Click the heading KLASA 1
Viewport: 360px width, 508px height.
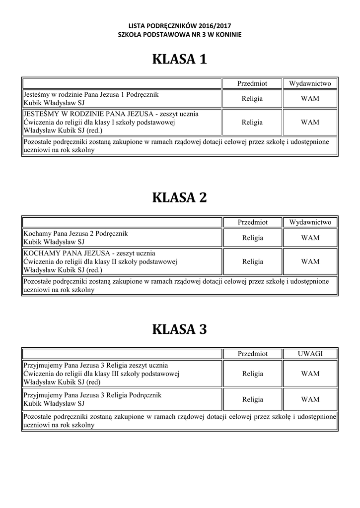179,60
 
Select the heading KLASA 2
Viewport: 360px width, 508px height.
179,198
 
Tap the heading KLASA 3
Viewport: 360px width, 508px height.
179,329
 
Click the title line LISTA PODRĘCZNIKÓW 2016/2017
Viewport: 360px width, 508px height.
180,25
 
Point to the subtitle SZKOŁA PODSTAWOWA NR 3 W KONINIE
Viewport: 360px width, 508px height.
180,34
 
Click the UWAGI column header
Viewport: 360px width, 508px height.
310,354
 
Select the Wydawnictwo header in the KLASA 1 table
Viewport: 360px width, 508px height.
310,84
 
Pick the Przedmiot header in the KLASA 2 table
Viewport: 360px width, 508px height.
252,222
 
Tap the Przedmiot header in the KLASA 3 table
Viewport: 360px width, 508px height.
252,354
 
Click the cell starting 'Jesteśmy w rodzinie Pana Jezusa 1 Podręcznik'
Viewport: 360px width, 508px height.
122,99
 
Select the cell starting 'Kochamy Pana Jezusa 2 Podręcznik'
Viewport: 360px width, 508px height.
122,238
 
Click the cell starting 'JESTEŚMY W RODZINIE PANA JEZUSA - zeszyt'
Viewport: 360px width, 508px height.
122,123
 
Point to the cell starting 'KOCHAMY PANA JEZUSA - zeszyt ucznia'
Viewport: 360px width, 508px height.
122,261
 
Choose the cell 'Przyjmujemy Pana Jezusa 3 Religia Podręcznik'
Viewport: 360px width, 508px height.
122,399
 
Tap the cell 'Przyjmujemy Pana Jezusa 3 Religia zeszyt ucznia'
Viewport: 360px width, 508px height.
122,374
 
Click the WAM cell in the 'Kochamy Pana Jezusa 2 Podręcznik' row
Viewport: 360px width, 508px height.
310,238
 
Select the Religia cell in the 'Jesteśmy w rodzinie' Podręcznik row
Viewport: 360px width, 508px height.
252,99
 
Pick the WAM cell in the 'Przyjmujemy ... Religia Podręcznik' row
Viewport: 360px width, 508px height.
310,399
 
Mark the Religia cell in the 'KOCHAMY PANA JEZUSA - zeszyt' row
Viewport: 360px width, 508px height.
252,261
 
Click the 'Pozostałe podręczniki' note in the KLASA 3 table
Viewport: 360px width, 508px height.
179,421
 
